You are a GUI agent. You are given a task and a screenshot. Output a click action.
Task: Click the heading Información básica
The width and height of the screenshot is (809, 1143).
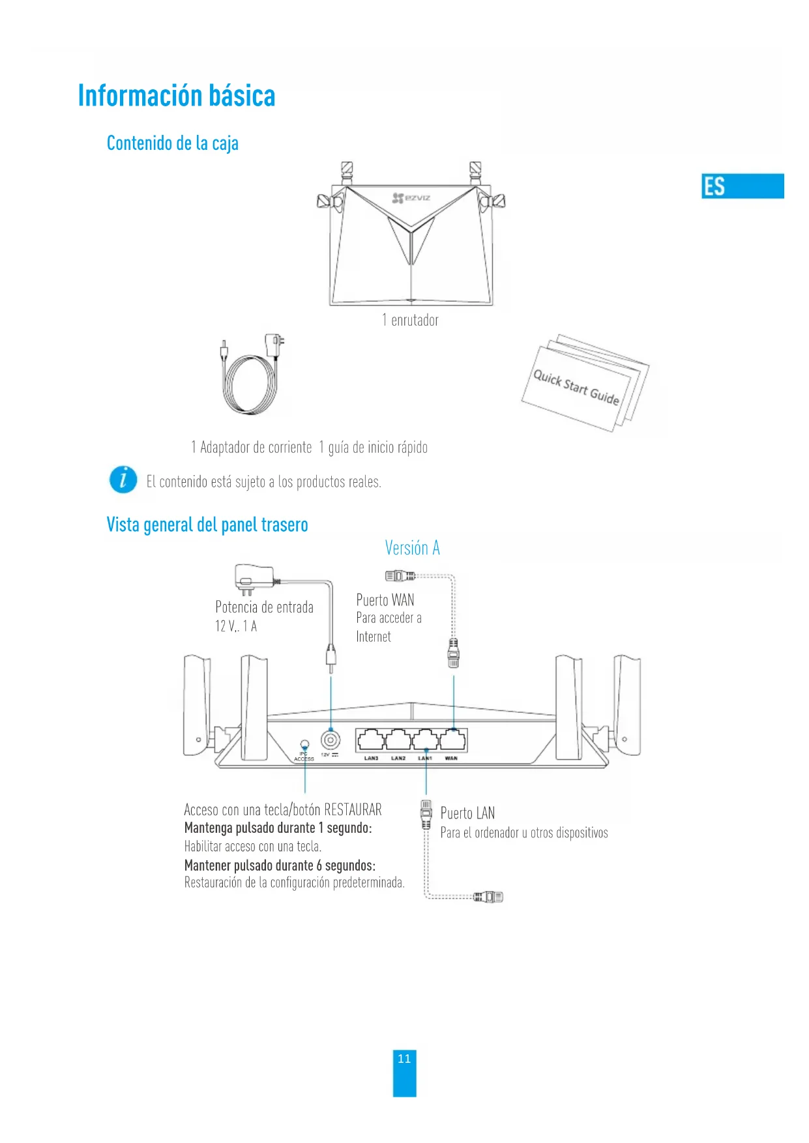click(x=177, y=96)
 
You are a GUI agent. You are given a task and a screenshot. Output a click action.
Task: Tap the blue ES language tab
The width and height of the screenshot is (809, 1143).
click(x=742, y=186)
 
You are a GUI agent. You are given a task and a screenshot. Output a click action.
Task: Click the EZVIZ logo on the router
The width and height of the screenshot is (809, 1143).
click(x=411, y=197)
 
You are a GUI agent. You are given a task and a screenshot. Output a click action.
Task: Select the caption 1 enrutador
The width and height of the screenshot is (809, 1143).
click(x=410, y=320)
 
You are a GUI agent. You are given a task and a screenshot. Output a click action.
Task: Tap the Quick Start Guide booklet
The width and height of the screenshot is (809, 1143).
click(x=584, y=386)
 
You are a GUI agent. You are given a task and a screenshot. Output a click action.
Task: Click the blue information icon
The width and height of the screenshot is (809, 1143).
click(x=123, y=480)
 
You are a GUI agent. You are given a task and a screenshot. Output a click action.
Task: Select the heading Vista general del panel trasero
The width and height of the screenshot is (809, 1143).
click(x=207, y=525)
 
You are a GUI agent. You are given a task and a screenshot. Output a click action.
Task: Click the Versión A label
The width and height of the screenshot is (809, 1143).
click(x=412, y=548)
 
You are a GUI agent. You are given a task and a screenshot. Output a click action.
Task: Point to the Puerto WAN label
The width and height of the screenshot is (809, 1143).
click(x=385, y=600)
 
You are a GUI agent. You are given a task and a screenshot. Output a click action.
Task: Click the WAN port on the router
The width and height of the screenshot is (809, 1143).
click(x=453, y=740)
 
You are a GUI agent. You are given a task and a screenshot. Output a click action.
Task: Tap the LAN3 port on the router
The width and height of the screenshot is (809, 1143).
click(x=370, y=740)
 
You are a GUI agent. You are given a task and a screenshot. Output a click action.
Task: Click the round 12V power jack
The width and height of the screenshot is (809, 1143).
click(x=331, y=740)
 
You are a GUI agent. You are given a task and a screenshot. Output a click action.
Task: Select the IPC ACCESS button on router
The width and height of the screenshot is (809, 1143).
click(x=304, y=744)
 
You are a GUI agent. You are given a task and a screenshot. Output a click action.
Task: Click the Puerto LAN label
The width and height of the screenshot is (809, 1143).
click(x=467, y=813)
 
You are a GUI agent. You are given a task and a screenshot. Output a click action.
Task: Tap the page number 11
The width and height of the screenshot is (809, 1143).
click(x=404, y=1059)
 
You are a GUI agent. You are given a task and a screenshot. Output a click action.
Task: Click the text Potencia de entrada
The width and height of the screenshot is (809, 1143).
click(x=264, y=607)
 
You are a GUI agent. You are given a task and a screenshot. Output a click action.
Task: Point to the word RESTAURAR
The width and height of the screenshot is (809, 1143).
click(x=353, y=810)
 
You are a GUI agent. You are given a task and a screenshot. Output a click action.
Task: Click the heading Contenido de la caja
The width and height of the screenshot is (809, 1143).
click(x=172, y=143)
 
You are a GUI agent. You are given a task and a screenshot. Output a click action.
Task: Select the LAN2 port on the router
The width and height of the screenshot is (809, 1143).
click(x=398, y=740)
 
